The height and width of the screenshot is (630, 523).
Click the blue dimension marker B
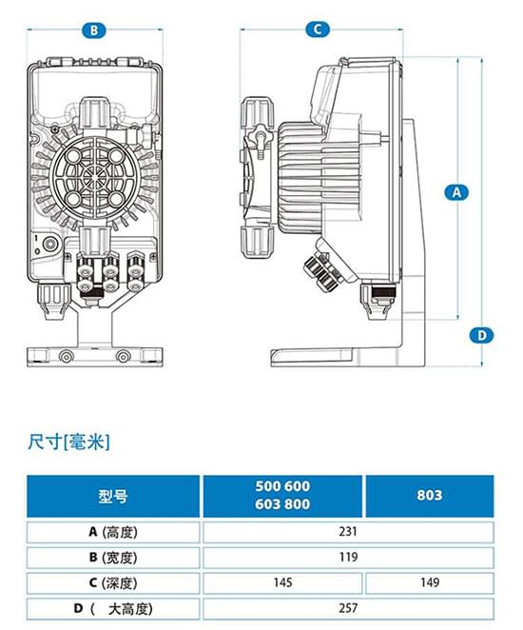[x=93, y=30]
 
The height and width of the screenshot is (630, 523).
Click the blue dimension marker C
[x=319, y=30]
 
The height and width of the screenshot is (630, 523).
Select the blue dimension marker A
[x=457, y=191]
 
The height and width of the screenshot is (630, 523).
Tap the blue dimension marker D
[x=483, y=334]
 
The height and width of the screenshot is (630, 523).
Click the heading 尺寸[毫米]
[x=69, y=442]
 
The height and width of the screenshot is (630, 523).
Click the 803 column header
[x=429, y=496]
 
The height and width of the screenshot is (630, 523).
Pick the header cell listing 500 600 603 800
[x=282, y=496]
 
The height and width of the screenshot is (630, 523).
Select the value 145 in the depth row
[x=282, y=582]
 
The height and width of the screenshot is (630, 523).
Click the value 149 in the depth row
[x=429, y=582]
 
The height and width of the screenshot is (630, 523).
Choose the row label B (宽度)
[x=113, y=558]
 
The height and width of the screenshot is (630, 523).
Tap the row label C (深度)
[x=113, y=582]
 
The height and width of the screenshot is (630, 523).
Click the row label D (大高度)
[x=113, y=608]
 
